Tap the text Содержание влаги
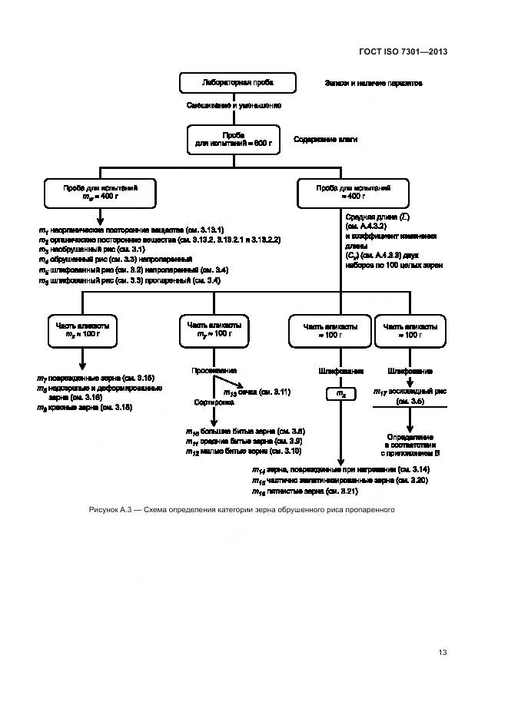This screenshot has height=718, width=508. click(326, 139)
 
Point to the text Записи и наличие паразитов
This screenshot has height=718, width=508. click(373, 82)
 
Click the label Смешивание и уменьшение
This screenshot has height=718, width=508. click(234, 105)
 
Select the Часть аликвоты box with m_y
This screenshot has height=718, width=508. click(212, 330)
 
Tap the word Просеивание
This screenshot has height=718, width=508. click(214, 370)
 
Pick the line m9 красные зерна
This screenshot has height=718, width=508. click(85, 407)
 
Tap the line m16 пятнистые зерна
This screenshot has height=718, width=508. click(304, 490)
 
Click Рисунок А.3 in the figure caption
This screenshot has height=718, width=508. click(111, 509)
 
